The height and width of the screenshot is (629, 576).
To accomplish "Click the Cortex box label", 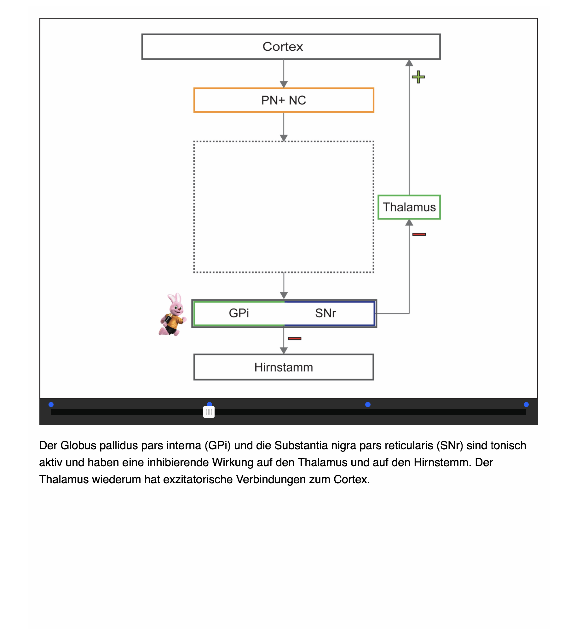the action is [x=283, y=47].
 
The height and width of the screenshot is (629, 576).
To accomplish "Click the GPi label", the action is [x=239, y=313].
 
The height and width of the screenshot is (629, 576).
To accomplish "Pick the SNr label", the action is [x=325, y=313].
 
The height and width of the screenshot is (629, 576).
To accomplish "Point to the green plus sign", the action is [x=418, y=77].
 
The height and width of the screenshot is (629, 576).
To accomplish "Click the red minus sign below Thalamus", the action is [x=419, y=234].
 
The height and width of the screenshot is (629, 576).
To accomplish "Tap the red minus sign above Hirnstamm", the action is [x=295, y=338].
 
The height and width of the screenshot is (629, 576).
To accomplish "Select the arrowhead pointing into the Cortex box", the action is [x=409, y=63].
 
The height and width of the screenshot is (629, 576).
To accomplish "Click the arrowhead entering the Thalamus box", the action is [x=409, y=223].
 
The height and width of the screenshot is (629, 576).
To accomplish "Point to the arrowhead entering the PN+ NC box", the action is [x=284, y=84].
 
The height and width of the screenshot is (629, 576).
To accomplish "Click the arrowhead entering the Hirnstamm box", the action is [x=284, y=350].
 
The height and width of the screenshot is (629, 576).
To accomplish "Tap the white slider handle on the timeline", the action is [x=209, y=412].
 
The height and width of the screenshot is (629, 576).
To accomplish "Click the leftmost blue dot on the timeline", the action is [x=51, y=405].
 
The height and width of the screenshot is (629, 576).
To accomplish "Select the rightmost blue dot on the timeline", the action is [x=526, y=405].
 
